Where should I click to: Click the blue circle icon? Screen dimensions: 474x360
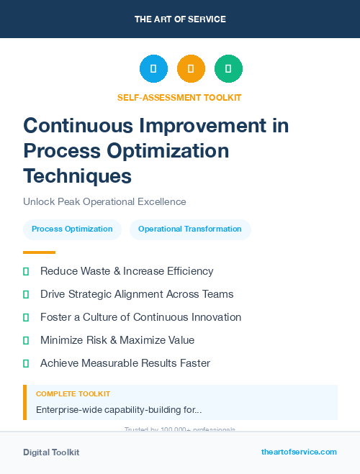tap(153, 68)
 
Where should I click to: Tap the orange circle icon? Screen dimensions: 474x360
tap(191, 68)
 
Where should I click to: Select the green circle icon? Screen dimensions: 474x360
tap(228, 68)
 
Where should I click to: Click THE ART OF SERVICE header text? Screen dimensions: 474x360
tap(180, 19)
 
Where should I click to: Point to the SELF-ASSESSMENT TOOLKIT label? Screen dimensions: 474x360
tap(179, 97)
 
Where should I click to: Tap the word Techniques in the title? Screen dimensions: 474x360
tap(77, 175)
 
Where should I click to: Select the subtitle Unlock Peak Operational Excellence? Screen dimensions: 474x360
tap(104, 201)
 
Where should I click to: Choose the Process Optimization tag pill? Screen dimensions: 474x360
tap(72, 229)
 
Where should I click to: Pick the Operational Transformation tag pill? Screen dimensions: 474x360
tap(190, 229)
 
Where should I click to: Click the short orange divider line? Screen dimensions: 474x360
tap(39, 252)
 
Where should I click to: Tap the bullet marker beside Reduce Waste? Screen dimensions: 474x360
tap(26, 271)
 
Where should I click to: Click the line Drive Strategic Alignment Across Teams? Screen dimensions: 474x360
tap(137, 294)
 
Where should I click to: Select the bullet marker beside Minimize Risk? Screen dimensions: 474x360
tap(26, 340)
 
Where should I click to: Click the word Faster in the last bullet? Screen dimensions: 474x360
tap(195, 363)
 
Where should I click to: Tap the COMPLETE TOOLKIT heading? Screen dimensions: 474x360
tap(73, 394)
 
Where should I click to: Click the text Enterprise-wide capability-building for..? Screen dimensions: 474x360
tap(119, 410)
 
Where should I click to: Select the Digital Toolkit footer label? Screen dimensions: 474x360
tap(51, 452)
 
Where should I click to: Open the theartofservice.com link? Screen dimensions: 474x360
tap(299, 452)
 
